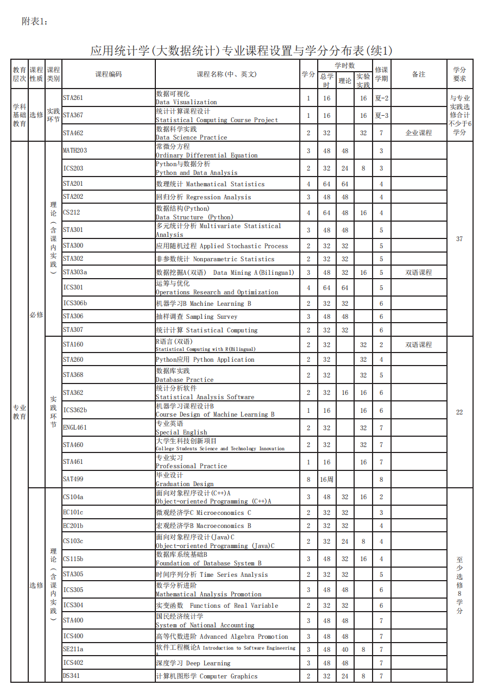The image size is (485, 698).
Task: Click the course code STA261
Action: [x=73, y=98]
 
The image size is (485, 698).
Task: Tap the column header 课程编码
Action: [x=109, y=74]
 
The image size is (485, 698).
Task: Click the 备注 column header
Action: [x=419, y=74]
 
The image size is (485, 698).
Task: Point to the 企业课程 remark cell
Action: [x=419, y=133]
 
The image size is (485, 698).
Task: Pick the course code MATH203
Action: [x=75, y=150]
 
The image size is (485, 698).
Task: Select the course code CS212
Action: [x=71, y=212]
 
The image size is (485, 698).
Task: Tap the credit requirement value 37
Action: [x=459, y=239]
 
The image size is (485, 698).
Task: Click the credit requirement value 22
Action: [x=459, y=412]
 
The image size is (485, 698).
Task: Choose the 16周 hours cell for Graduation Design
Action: [x=326, y=480]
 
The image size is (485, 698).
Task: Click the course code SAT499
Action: [x=73, y=479]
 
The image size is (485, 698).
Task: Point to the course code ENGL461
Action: [x=75, y=427]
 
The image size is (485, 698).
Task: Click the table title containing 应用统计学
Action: [x=241, y=51]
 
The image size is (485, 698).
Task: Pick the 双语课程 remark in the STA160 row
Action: [x=419, y=345]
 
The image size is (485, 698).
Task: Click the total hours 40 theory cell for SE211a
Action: [x=345, y=649]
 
